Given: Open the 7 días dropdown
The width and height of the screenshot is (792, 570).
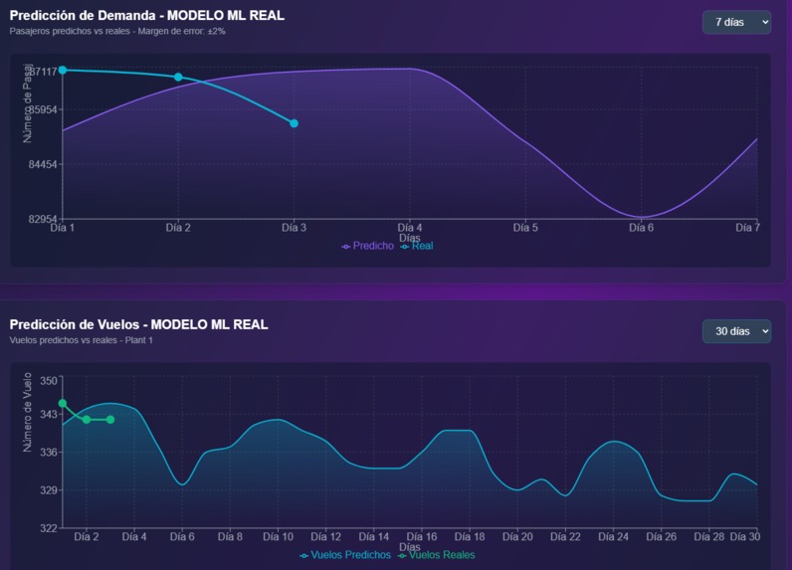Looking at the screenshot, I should point(736,22).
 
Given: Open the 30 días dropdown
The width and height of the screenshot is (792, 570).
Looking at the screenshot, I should point(736,331).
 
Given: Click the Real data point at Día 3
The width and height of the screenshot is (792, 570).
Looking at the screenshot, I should point(294,123).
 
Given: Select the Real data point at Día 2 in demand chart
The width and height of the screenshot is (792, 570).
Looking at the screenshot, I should point(178,77).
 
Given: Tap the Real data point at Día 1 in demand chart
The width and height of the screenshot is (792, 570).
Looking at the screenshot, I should point(63,70).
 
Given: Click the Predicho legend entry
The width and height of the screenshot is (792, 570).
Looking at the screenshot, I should point(368,246).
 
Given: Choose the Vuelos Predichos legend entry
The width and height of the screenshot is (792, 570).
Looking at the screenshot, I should point(346,555).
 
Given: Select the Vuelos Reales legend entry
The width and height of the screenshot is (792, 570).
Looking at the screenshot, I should point(438,555).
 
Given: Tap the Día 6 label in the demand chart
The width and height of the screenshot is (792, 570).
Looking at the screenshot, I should point(642,228).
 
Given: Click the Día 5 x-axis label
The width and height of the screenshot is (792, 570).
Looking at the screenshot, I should point(525,228).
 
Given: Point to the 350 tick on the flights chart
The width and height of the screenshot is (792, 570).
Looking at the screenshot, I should point(49,379).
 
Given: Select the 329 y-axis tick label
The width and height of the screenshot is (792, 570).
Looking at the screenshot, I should point(49,490).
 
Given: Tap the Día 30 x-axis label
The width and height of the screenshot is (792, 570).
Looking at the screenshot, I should point(744,537).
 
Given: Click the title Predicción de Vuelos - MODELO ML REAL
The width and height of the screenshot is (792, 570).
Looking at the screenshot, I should point(138,324).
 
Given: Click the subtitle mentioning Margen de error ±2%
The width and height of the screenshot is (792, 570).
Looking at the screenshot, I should point(117,31).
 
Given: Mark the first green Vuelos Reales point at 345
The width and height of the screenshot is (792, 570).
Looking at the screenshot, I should point(63,403).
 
